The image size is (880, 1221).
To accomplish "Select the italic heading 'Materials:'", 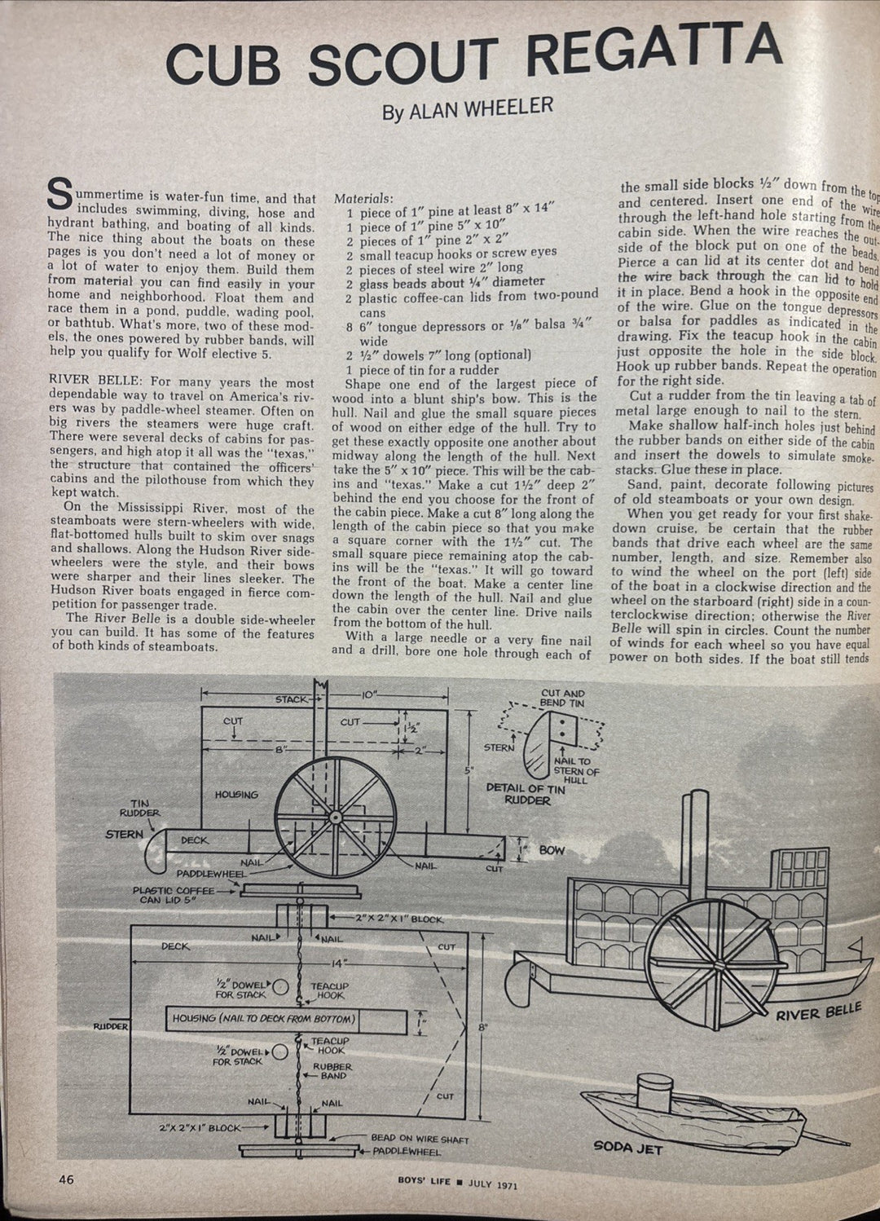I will point(363,198).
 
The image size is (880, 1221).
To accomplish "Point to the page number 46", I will point(66,1179).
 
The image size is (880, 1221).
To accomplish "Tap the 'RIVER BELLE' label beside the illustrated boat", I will point(817,1012).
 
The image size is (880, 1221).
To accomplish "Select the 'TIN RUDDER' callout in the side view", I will point(139,808).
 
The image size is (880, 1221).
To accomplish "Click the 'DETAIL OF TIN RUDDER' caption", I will point(526,794).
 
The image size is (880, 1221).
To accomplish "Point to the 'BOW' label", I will point(552,850).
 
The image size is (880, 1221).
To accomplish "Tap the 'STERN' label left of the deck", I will point(124,835).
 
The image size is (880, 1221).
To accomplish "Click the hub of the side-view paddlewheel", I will point(335,816).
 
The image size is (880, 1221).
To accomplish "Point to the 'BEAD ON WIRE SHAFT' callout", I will point(420,1139).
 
